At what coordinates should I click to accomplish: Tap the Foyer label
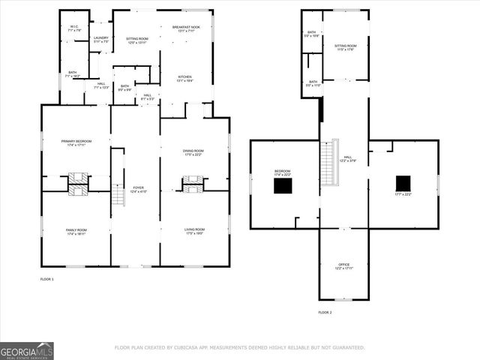[138, 189]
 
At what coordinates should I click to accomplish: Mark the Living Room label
[195, 232]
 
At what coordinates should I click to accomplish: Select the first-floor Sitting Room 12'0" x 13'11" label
[136, 40]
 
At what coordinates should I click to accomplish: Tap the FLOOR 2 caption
[325, 312]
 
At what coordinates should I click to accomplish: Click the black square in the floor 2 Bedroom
[283, 185]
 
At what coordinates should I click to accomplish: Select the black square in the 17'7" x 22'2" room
[403, 183]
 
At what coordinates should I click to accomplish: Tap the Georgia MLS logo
[27, 350]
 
